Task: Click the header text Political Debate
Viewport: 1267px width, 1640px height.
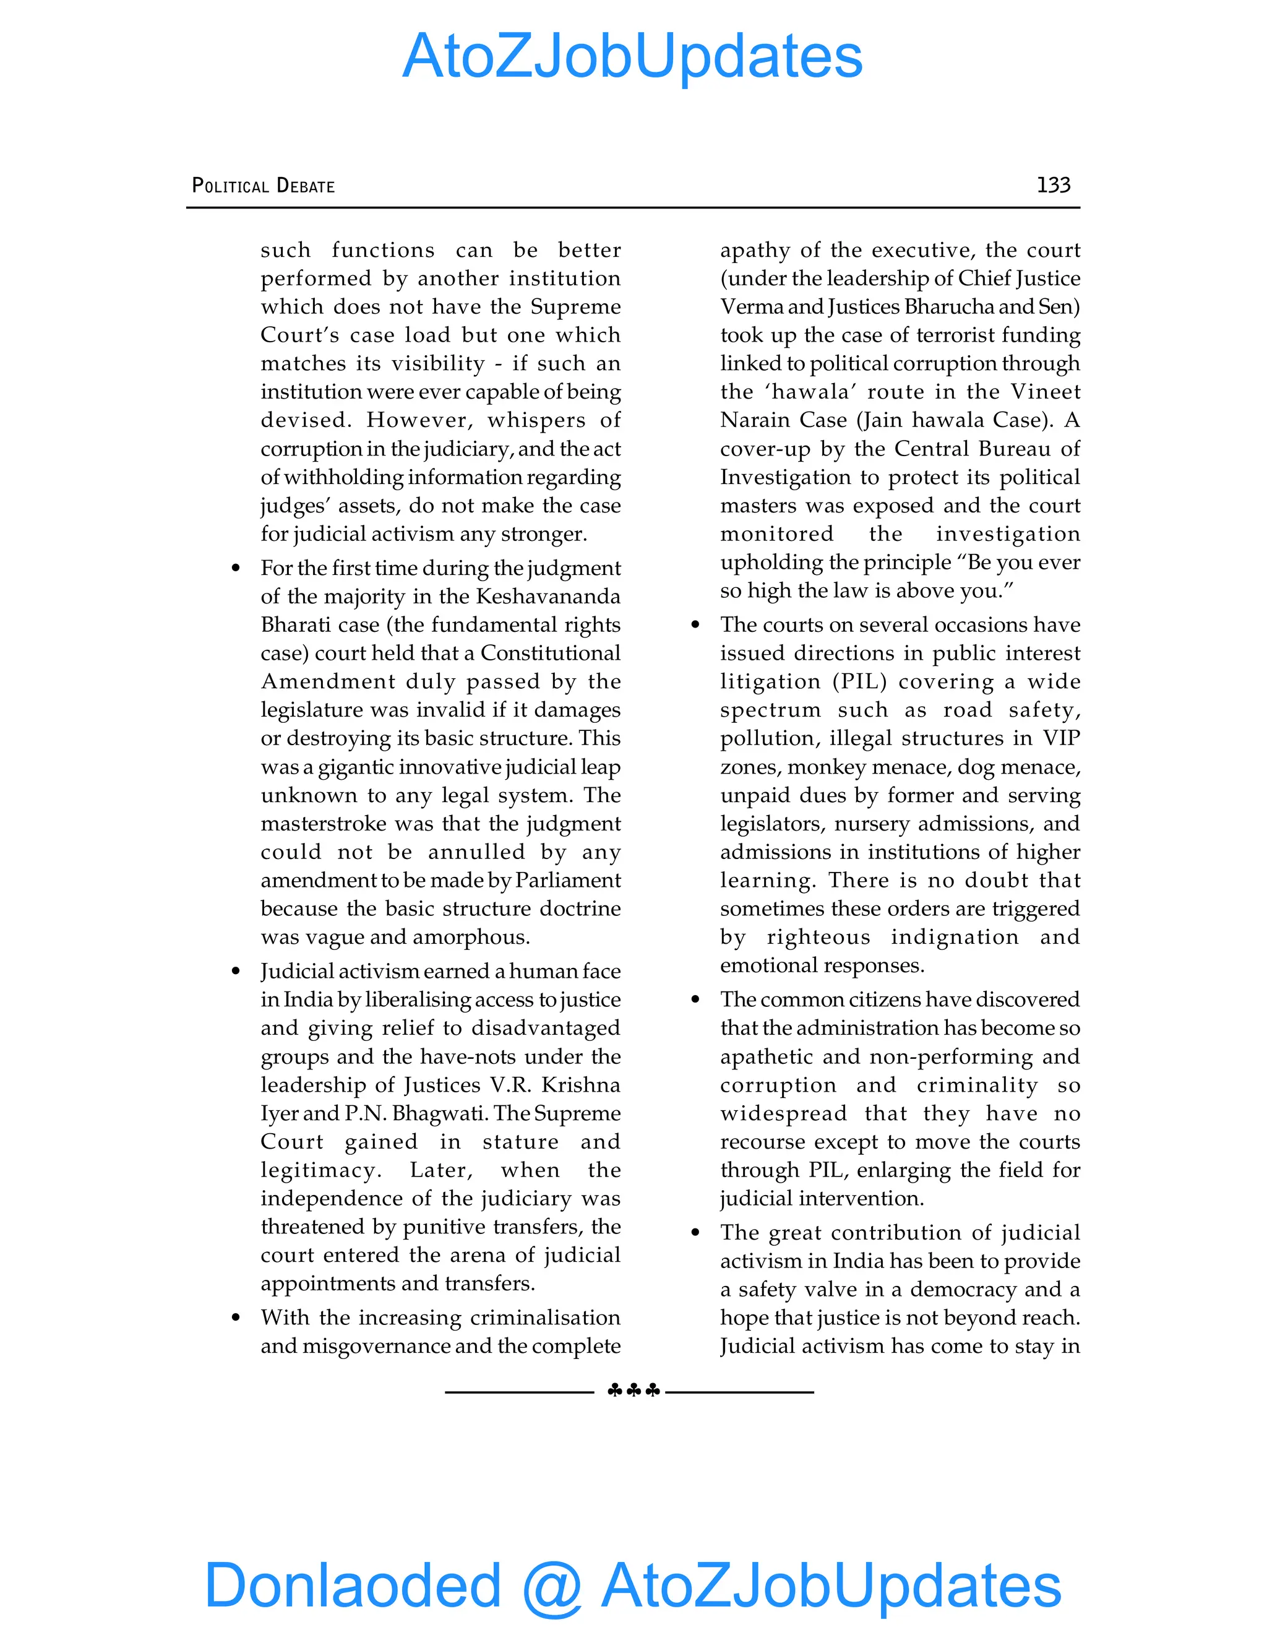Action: click(264, 186)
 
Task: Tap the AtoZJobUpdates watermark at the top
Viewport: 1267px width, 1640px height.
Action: click(632, 56)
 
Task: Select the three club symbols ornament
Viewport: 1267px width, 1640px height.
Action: click(633, 1391)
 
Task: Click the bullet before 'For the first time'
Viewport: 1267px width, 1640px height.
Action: click(236, 569)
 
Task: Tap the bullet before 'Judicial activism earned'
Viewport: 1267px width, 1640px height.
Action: click(236, 972)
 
